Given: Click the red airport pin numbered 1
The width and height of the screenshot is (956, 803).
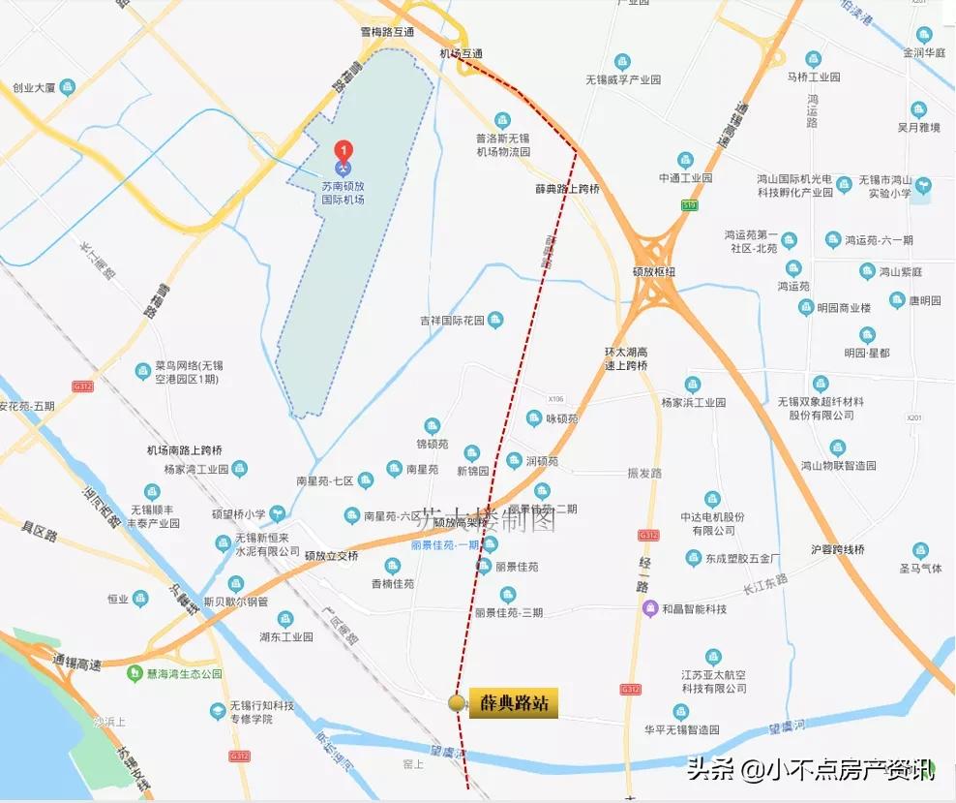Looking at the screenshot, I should pos(343,151).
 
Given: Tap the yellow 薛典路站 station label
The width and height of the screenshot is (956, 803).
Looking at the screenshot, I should pos(514,703).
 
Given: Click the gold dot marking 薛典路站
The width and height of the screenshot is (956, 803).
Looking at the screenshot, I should pos(457,703).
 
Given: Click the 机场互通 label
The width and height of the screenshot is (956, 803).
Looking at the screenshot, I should pos(461,54).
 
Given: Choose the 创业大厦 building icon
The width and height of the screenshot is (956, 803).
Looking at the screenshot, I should pos(67,87).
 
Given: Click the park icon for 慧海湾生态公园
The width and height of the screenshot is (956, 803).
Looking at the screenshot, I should pos(139,673).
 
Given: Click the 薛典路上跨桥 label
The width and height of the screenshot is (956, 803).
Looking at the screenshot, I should pos(567,189).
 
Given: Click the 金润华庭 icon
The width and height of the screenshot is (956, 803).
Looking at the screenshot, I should pos(922,35).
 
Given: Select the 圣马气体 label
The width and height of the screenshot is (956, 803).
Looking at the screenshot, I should pos(919,569).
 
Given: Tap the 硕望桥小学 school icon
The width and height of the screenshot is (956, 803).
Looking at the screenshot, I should pos(277,514).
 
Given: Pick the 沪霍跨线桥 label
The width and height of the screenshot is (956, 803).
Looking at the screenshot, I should pos(838,549).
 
